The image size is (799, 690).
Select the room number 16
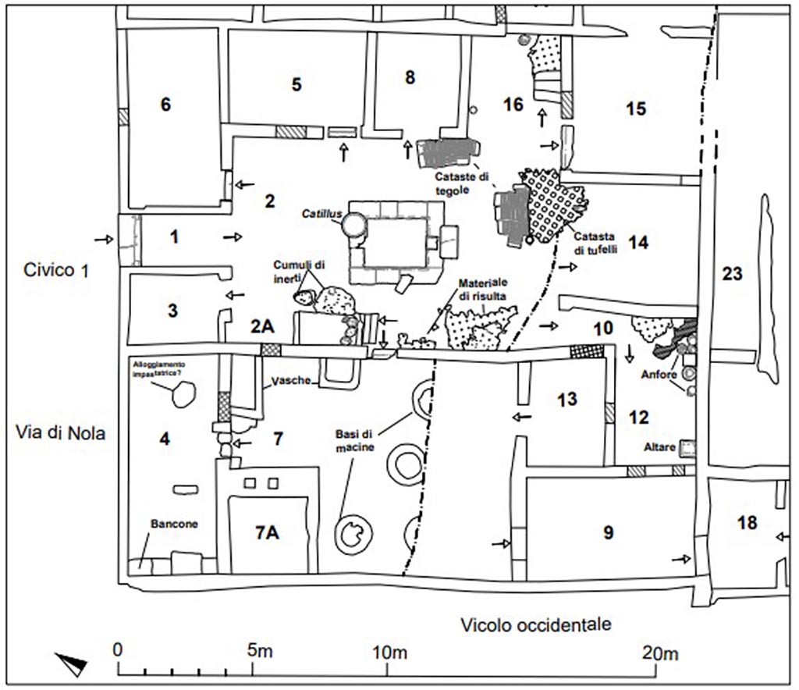513,105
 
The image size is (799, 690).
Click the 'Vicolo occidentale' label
535,624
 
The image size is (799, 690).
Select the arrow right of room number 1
233,235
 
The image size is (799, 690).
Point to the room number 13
567,400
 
